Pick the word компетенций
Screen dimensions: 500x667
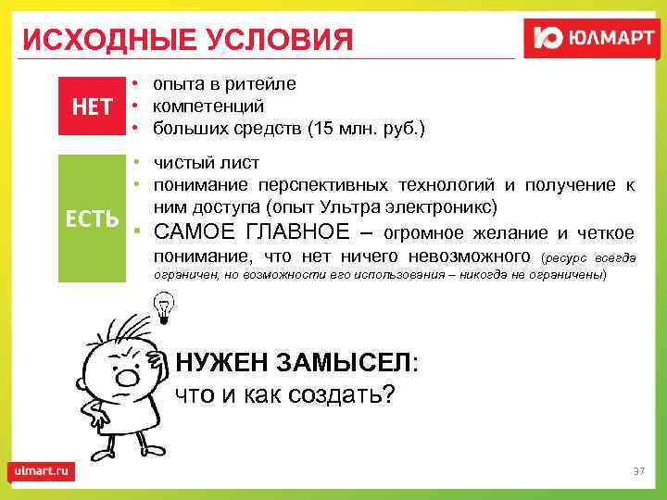point(208,106)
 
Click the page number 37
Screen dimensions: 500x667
point(637,472)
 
